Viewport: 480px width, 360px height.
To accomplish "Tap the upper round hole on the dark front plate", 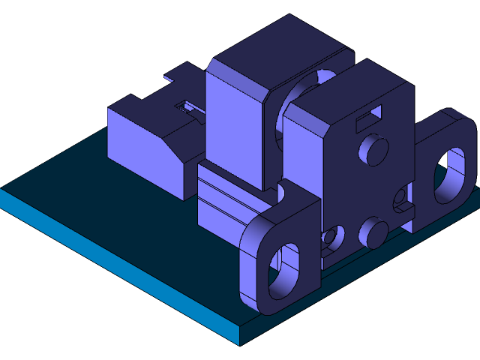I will tap(373, 148).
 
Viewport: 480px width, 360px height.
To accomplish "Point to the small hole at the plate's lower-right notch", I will tap(401, 198).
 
